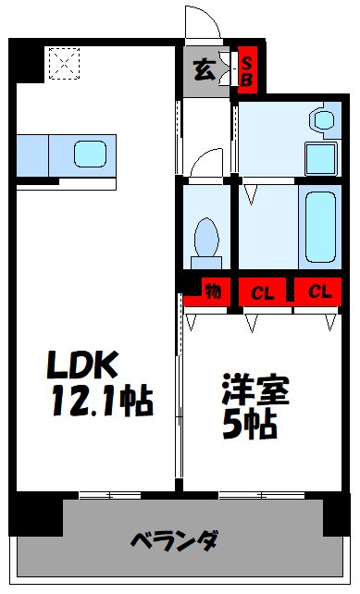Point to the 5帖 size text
point(248,424)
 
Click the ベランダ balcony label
point(173,539)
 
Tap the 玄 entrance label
point(202,68)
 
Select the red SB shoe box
point(248,70)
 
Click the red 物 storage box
point(212,292)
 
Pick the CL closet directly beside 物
point(263,292)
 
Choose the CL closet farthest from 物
point(319,292)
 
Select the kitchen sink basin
point(92,153)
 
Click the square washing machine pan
point(321,155)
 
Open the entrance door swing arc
point(198,23)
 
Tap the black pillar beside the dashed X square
point(26,62)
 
